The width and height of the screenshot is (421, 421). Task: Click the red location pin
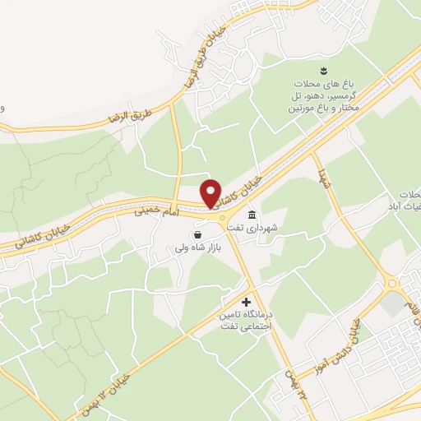tap(211, 192)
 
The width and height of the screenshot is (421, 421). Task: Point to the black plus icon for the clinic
tap(245, 303)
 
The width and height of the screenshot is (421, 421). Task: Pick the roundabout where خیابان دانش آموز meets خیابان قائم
tap(393, 285)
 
